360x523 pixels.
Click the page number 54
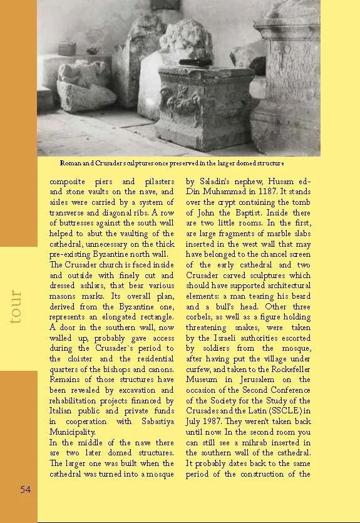pyautogui.click(x=25, y=490)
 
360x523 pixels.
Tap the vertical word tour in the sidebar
pyautogui.click(x=17, y=306)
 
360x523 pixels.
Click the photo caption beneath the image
pyautogui.click(x=177, y=163)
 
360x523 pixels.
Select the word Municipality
pyautogui.click(x=73, y=432)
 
